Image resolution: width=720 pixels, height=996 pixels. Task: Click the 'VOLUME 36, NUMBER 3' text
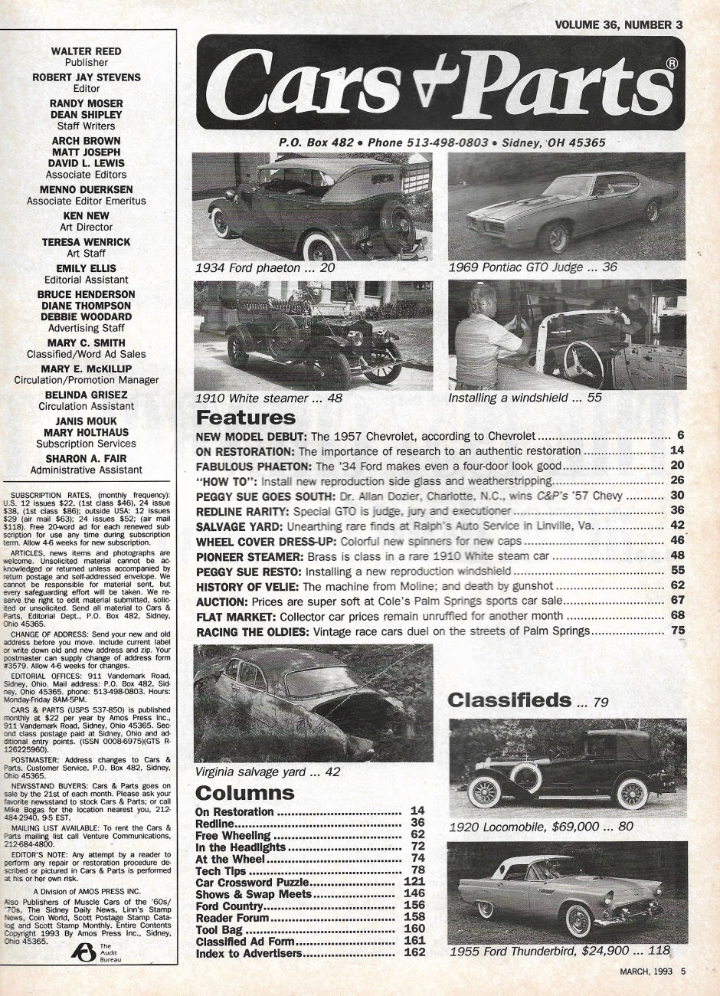[x=618, y=25]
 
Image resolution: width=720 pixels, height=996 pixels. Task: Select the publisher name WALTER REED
[x=86, y=51]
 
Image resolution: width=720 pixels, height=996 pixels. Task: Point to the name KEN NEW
[x=86, y=216]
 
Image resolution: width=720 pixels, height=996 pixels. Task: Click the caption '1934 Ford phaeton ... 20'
[x=264, y=269]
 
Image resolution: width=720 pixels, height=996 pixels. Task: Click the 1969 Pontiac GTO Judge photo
[x=567, y=205]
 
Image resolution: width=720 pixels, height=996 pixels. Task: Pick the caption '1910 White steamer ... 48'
[x=268, y=398]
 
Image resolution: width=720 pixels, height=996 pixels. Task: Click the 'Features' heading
[x=245, y=418]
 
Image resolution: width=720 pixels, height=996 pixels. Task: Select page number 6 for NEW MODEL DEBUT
[x=679, y=435]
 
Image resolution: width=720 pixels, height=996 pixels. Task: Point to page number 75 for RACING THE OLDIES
[x=677, y=631]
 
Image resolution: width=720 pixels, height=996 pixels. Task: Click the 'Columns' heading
[x=244, y=792]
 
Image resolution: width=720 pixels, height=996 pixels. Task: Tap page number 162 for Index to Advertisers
[x=414, y=954]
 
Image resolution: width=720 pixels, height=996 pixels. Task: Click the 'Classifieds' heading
[x=509, y=699]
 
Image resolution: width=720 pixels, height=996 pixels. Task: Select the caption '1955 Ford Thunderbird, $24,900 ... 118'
[x=559, y=952]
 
